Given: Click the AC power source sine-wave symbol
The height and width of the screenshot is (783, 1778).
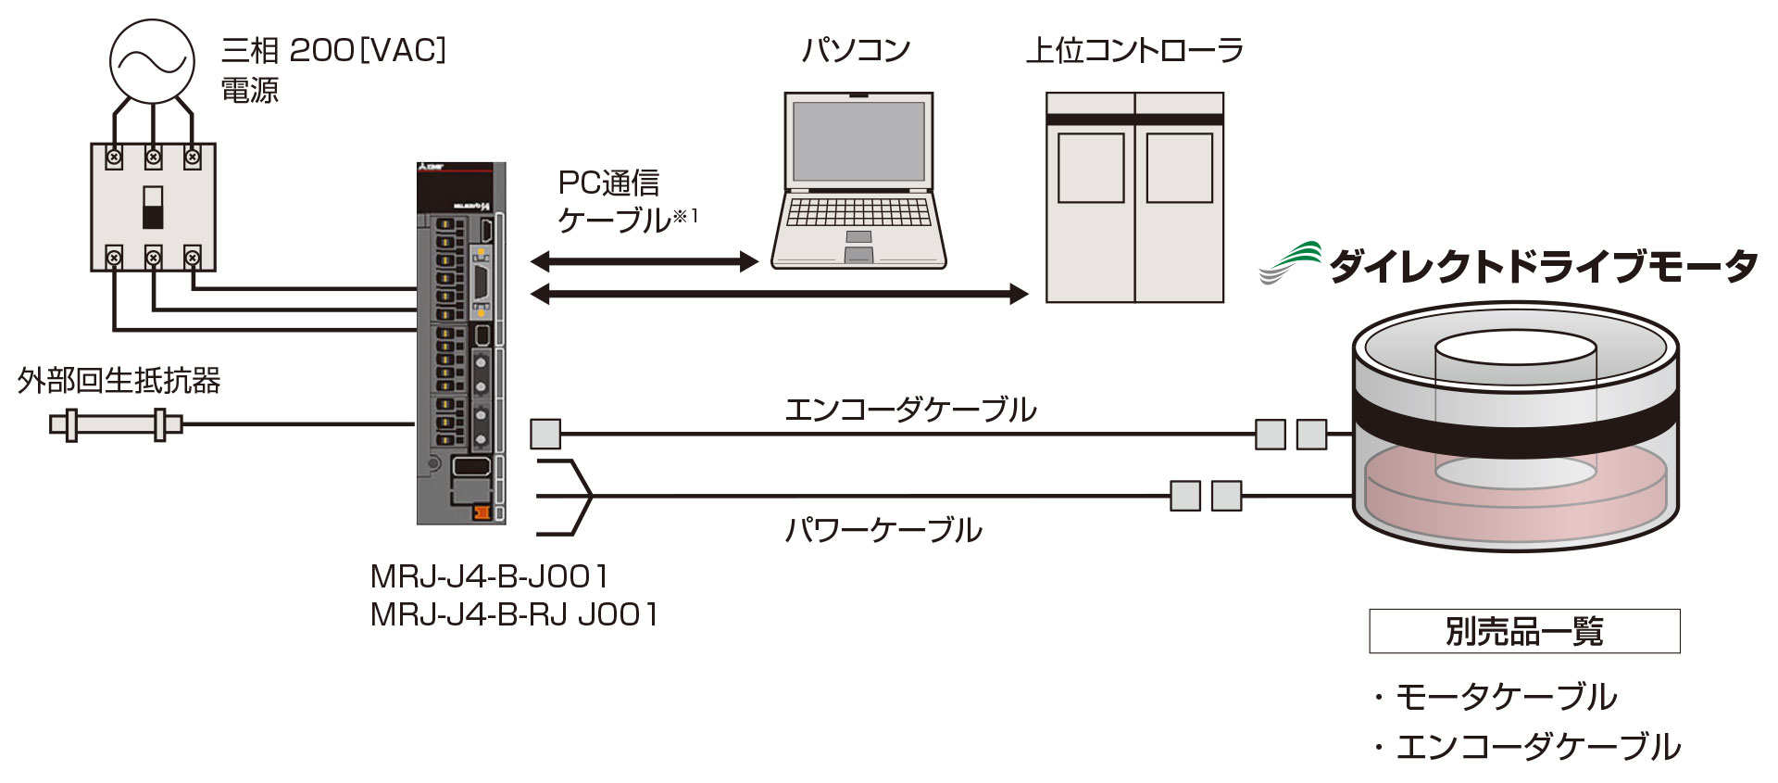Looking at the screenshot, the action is coord(153,61).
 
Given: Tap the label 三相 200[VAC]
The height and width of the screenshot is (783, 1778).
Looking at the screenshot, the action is coord(334,50).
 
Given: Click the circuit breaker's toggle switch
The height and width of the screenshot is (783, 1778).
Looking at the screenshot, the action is coord(153,208).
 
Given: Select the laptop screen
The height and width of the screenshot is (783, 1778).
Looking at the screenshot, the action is coord(858,141).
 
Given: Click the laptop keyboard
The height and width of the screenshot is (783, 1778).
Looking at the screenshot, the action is coord(858,212).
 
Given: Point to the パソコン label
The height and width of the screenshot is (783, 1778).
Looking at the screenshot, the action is coord(857,50).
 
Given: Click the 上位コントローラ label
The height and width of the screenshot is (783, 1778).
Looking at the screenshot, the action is coord(1134,50).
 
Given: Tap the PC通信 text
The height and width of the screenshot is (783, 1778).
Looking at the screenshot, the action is coord(608,183).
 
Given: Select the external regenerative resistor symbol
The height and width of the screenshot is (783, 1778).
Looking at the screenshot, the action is coord(116,425).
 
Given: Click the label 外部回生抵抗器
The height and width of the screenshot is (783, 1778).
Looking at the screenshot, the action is coord(119,381).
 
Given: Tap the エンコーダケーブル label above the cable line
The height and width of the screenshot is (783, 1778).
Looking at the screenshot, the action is coord(910,410).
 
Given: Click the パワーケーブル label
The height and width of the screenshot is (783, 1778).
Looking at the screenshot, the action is coord(883,530).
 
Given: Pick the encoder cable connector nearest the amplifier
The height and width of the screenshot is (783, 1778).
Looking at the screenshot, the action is coord(545,434).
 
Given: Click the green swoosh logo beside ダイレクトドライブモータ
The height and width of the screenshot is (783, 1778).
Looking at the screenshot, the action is coord(1290,262).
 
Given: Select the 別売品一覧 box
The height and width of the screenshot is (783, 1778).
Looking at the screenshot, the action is coord(1524,631).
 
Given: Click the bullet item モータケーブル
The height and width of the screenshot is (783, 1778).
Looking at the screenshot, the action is coord(1496,697).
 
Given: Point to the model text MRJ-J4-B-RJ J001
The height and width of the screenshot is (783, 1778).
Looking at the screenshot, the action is coord(514,614).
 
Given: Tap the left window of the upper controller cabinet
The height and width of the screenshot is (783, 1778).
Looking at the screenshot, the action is coord(1091,169).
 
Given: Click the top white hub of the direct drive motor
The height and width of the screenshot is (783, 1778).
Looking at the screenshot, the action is coord(1515,347).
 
